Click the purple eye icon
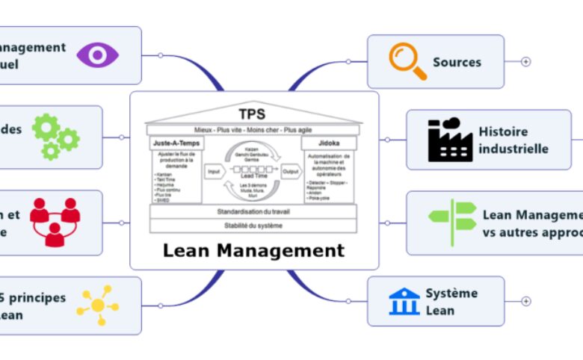tap(97, 55)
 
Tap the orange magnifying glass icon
tap(407, 61)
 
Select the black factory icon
tap(450, 140)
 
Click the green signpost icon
tap(452, 223)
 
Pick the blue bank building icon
tap(404, 301)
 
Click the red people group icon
tap(55, 222)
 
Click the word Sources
tap(457, 62)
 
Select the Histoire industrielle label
tap(513, 140)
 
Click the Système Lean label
tap(451, 301)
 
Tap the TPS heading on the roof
tap(252, 114)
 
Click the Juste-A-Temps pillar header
tap(176, 141)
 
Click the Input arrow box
tap(214, 171)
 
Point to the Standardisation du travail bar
tap(253, 211)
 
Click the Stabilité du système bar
tap(253, 225)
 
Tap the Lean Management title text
tap(253, 250)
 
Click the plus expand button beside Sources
tap(525, 61)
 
